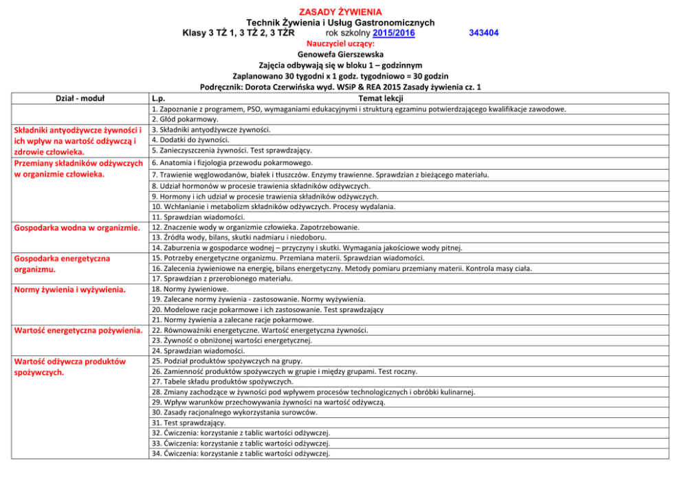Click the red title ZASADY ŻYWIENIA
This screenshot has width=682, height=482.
pos(340,12)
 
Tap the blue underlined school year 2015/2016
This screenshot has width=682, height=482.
pos(393,32)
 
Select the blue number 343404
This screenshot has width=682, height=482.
pos(483,32)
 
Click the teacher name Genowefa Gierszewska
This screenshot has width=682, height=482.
pos(340,54)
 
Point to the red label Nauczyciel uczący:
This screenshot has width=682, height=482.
pos(340,43)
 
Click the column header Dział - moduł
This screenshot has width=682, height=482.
pos(78,98)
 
